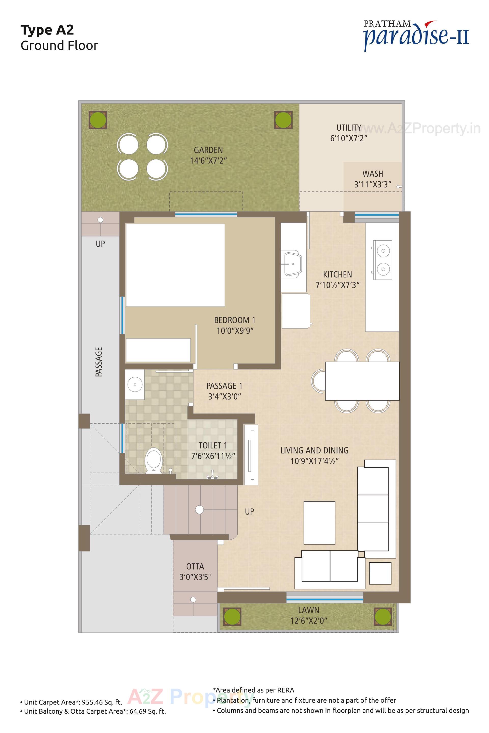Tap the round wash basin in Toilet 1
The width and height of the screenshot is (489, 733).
[x=135, y=384]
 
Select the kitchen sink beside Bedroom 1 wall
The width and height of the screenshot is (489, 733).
[x=293, y=264]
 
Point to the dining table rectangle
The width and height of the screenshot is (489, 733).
[x=362, y=381]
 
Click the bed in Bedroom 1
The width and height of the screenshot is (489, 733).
[x=175, y=265]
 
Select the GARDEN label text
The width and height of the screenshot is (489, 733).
[x=208, y=150]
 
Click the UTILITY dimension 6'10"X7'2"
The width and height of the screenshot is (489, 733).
[x=349, y=138]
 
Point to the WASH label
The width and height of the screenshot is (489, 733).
[x=372, y=174]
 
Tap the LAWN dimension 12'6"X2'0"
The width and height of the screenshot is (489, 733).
[x=308, y=620]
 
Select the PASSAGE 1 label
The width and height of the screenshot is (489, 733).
[x=224, y=386]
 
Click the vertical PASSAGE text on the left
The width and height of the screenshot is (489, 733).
[x=99, y=362]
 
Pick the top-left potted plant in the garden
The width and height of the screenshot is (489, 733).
[x=98, y=120]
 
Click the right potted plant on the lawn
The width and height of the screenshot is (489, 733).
[x=382, y=616]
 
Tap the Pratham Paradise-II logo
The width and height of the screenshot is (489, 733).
[x=416, y=35]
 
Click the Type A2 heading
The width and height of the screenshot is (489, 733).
[x=47, y=30]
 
